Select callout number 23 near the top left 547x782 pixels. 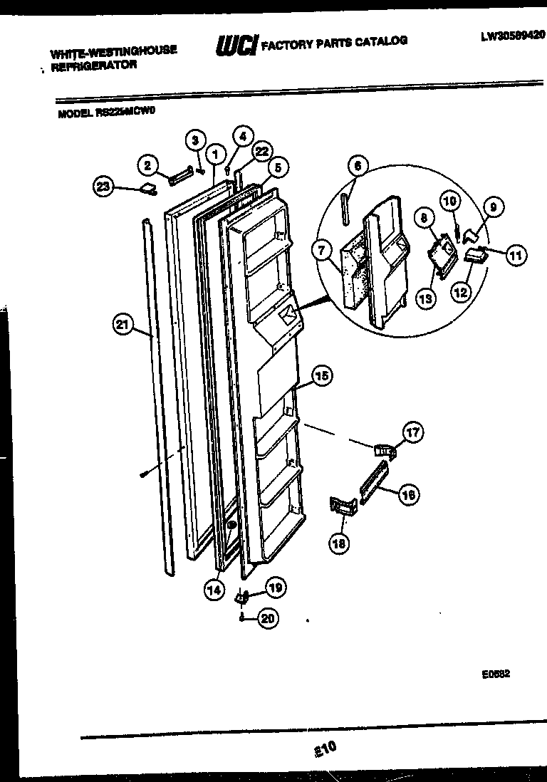pyautogui.click(x=104, y=187)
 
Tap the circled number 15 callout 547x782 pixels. pyautogui.click(x=322, y=375)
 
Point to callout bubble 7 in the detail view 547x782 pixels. pyautogui.click(x=321, y=251)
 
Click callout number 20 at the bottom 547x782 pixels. pyautogui.click(x=267, y=619)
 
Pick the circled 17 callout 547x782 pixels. pyautogui.click(x=412, y=431)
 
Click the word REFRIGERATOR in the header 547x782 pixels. pyautogui.click(x=93, y=64)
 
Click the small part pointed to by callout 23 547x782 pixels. pyautogui.click(x=149, y=188)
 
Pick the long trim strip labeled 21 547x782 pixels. pyautogui.click(x=160, y=392)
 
